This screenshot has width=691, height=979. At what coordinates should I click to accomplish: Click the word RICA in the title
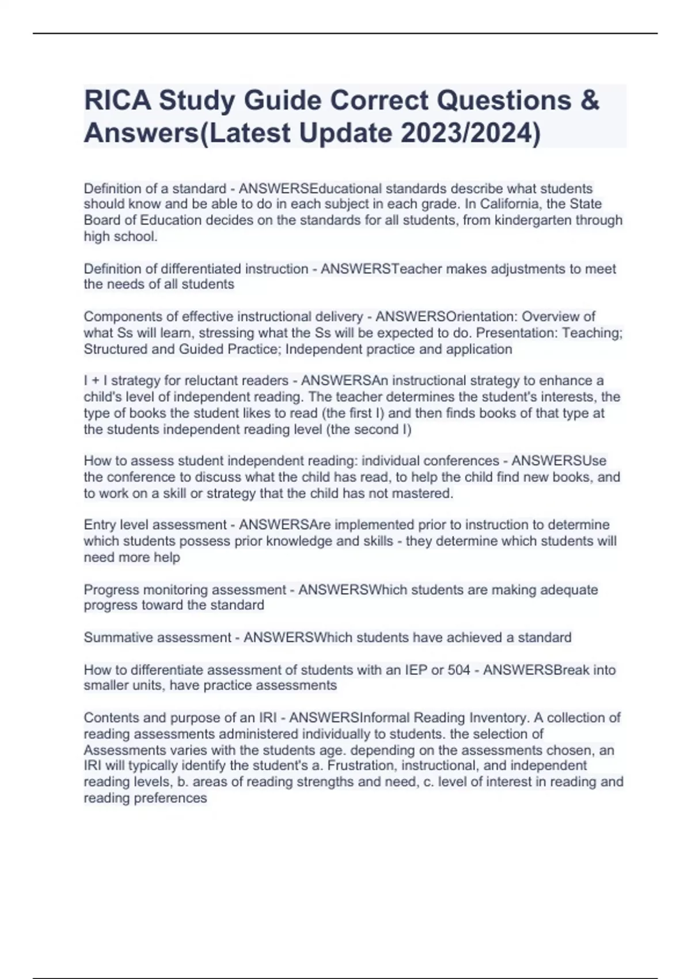(117, 101)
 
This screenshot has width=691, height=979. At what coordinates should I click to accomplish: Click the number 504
(459, 670)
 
